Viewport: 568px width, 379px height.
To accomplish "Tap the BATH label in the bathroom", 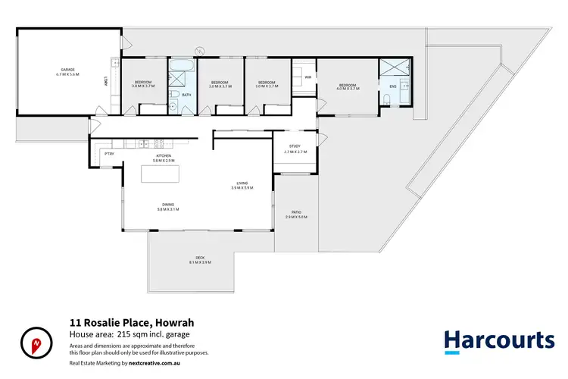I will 186,96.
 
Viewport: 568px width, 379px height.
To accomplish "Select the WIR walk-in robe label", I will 308,77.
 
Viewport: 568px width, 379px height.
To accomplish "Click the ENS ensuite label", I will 392,86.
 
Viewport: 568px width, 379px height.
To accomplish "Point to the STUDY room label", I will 295,147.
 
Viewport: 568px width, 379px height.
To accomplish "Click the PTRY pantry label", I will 109,154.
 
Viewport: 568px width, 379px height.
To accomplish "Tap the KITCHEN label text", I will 164,155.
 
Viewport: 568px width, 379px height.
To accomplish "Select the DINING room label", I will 167,204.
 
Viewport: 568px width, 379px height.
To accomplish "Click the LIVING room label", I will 242,183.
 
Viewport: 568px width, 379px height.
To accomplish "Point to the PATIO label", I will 296,211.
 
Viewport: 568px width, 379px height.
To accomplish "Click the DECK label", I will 200,258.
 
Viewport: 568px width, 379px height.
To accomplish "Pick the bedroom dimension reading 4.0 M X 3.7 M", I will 348,89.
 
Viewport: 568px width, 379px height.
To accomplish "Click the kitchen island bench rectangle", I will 161,174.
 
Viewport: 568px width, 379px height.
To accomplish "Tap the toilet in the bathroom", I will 173,94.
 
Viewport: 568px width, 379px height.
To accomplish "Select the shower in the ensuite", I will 392,68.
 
